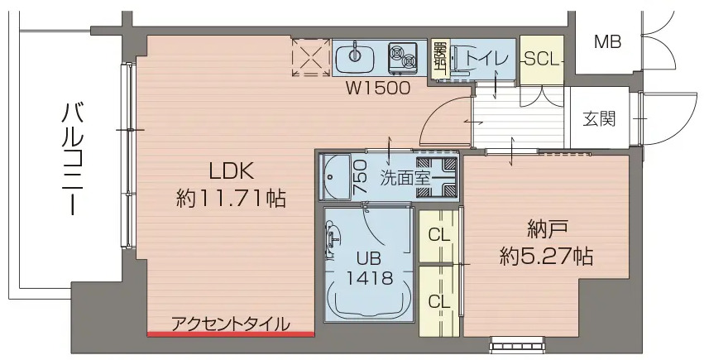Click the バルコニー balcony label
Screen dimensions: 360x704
pos(70,157)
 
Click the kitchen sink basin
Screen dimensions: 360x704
pos(356,58)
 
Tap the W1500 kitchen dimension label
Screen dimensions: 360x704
pos(377,88)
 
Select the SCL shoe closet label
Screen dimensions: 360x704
pos(543,59)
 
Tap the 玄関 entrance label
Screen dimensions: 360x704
pos(600,119)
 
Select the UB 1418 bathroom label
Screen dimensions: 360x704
pos(369,266)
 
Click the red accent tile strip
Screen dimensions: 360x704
pos(231,334)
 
